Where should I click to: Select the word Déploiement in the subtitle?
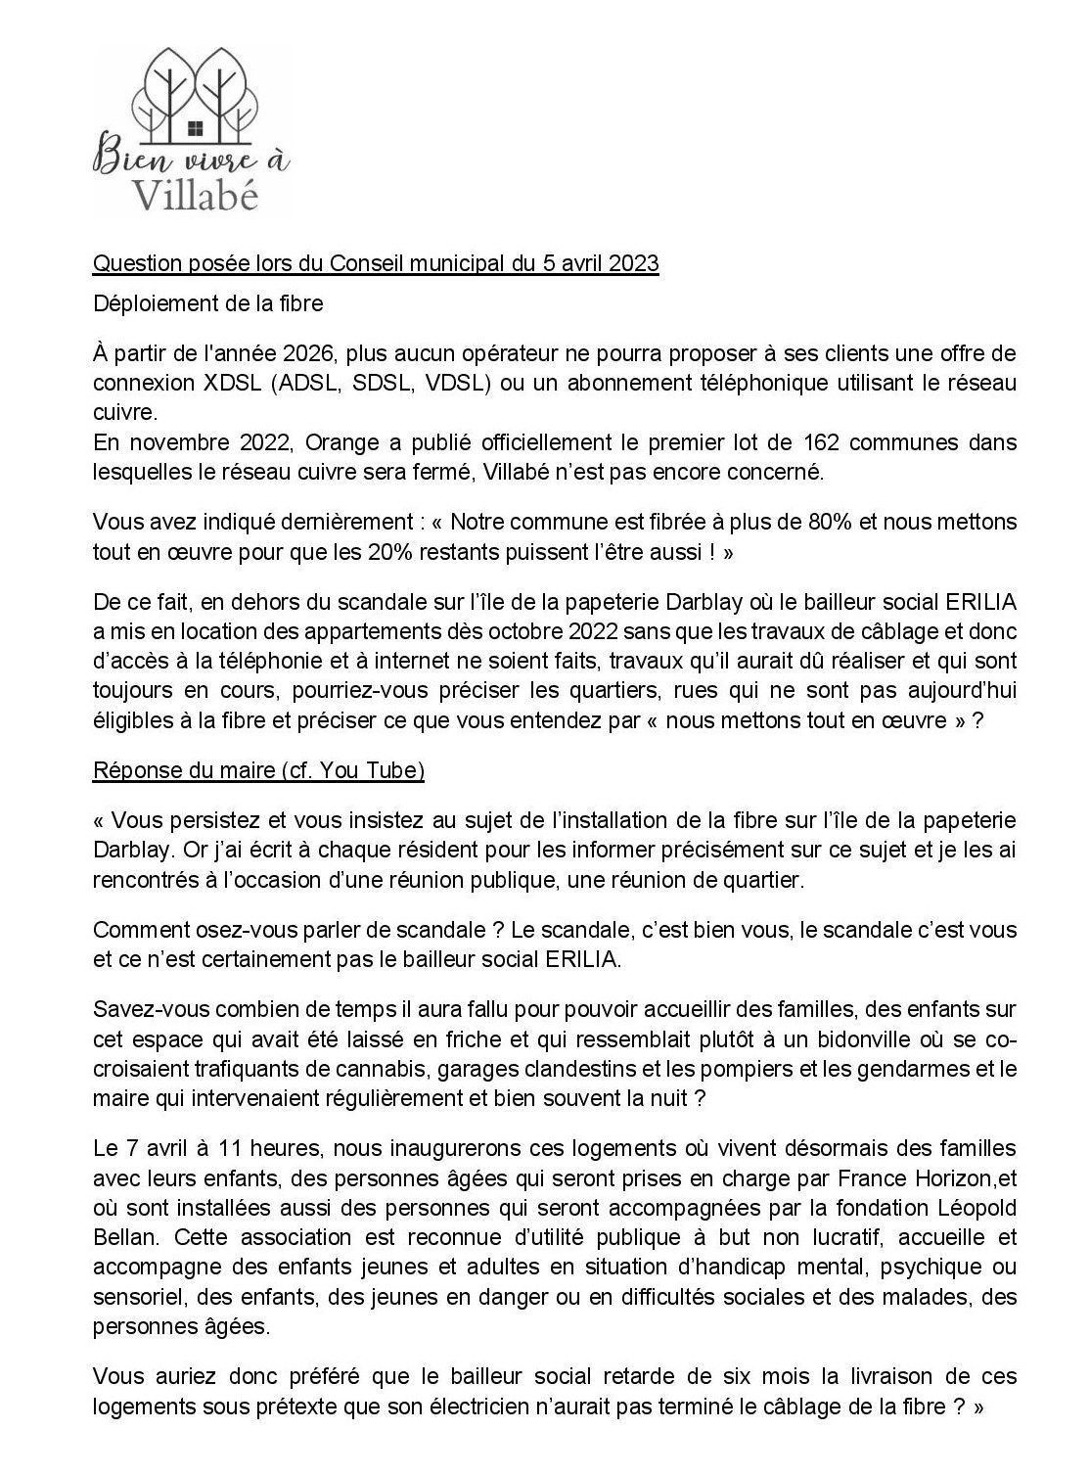point(149,304)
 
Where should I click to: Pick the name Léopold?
point(975,1209)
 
